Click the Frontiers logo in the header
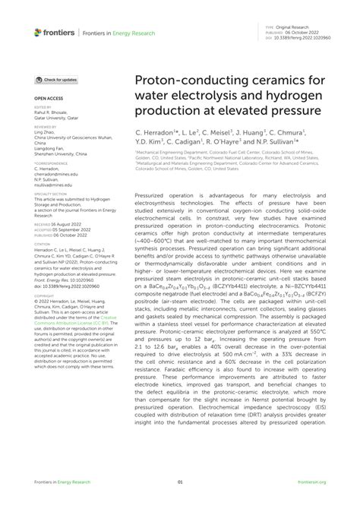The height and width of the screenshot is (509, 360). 55,33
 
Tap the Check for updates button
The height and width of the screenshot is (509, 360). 56,80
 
